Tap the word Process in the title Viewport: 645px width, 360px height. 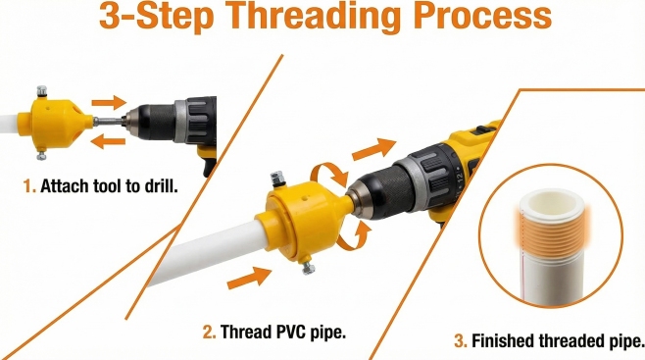[485, 15]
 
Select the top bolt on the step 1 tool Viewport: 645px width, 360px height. [41, 91]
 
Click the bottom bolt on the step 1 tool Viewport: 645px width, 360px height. [41, 155]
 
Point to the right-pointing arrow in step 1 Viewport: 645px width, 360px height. [109, 102]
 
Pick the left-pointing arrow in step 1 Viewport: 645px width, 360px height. [108, 142]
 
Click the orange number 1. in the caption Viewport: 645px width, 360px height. [29, 186]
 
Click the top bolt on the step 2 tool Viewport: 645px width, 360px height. [276, 179]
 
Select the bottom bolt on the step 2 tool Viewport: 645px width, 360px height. [308, 268]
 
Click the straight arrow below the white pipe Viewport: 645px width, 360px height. [249, 278]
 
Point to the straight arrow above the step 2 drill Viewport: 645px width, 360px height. [373, 149]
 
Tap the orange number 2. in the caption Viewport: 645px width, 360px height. [209, 332]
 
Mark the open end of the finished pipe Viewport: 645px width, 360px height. [551, 202]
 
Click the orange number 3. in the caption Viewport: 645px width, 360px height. [461, 341]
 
